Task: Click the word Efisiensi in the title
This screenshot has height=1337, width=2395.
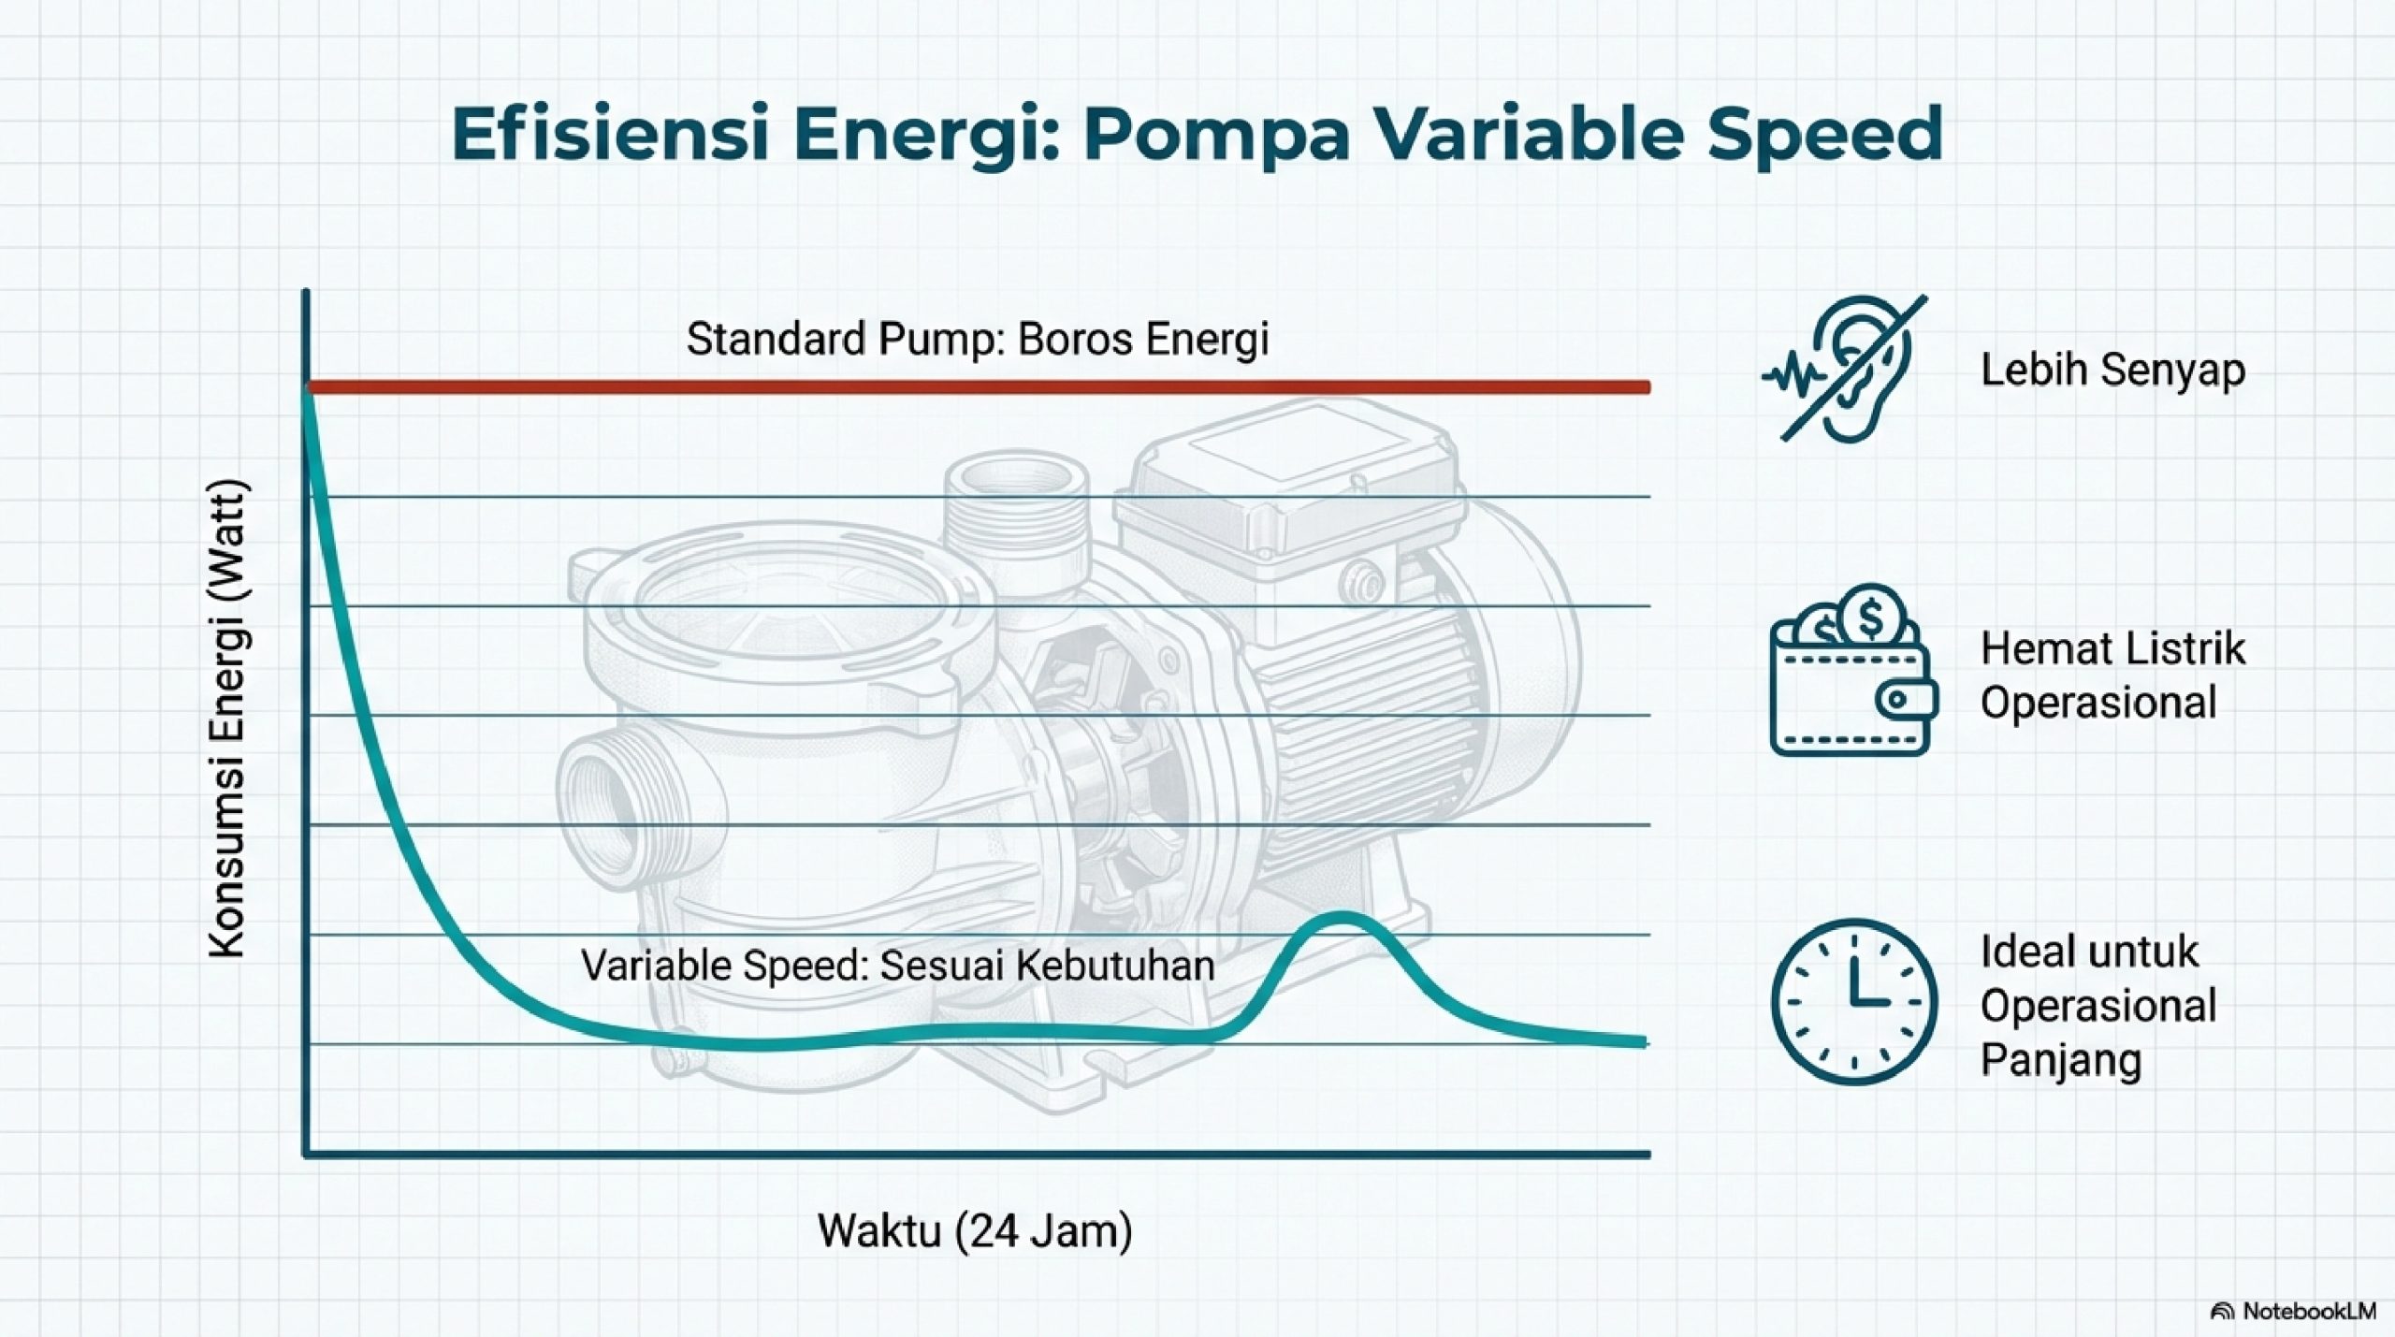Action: [610, 135]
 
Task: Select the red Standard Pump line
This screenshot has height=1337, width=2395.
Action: [978, 386]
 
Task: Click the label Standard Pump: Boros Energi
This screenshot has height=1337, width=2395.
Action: [977, 339]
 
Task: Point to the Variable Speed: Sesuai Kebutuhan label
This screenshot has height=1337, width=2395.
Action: [897, 965]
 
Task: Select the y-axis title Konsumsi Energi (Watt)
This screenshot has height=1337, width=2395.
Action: [227, 719]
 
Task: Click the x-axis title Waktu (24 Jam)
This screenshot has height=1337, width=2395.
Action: [975, 1230]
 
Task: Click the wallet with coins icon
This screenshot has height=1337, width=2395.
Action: [1851, 672]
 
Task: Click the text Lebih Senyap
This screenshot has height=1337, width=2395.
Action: [2112, 370]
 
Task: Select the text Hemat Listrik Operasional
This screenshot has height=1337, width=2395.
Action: [2112, 675]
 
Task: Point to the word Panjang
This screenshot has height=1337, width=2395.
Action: [2060, 1060]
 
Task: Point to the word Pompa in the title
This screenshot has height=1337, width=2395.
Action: [1216, 135]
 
